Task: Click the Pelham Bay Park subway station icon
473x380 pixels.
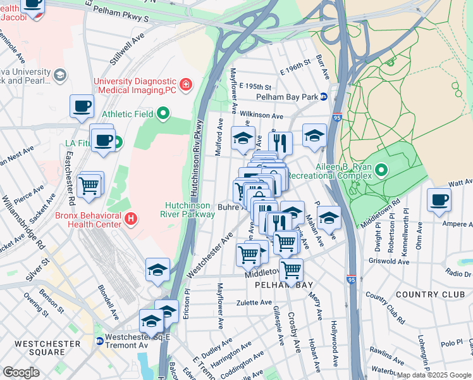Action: (x=323, y=97)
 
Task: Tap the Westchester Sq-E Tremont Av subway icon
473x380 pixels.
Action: (x=99, y=341)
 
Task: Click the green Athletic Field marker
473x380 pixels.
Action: (x=164, y=115)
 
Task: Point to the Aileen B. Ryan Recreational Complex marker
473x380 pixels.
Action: (x=381, y=170)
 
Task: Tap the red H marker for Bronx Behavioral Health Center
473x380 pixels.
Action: (x=131, y=219)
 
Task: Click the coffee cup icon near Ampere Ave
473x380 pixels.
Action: (x=439, y=200)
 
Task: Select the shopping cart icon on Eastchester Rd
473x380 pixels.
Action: (x=90, y=186)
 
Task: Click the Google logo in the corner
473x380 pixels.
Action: (x=21, y=372)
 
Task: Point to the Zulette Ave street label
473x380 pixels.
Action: (x=254, y=303)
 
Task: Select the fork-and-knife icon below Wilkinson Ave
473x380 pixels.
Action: (x=280, y=144)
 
